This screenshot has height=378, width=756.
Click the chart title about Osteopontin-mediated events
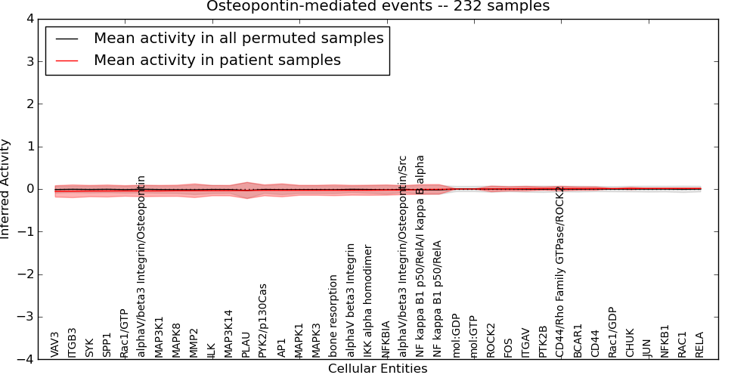point(378,7)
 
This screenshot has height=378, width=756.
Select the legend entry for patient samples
point(217,60)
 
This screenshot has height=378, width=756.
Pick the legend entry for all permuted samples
point(238,38)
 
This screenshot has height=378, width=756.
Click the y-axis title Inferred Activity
point(6,189)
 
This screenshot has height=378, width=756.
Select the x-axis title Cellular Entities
point(377,369)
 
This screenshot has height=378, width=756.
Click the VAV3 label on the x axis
point(55,344)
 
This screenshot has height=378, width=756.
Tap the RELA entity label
point(700,344)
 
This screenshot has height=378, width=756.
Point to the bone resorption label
point(333,315)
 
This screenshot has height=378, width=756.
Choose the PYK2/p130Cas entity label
point(263,320)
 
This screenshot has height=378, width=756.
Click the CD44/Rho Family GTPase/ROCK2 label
point(560,271)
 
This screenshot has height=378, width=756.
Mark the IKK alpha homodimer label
point(368,300)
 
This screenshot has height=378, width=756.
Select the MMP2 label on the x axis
point(194,342)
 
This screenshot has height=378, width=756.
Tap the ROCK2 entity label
point(491,340)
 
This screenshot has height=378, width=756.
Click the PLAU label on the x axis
point(246,343)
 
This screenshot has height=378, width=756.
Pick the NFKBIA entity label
point(386,339)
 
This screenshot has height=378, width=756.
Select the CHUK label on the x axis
point(630,342)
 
